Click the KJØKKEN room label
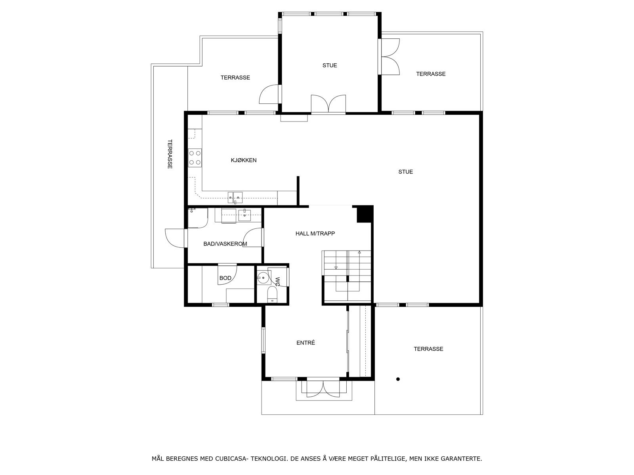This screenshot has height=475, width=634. tap(244, 160)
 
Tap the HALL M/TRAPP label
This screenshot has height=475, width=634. tap(315, 234)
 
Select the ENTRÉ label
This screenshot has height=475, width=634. tap(306, 343)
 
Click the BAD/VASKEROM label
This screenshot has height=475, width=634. tap(225, 244)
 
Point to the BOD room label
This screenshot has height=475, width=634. tap(225, 278)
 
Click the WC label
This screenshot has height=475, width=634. tap(277, 281)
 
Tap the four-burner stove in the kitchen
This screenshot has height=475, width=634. tap(195, 157)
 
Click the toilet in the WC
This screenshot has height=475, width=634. tap(272, 295)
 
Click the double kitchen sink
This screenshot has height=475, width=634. tap(235, 196)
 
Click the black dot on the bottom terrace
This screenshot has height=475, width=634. tap(398, 379)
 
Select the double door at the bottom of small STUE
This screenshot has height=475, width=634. tap(328, 104)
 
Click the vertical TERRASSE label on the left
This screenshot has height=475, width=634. tap(170, 154)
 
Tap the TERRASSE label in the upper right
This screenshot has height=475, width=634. tap(431, 74)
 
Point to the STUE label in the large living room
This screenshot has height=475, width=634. tap(405, 172)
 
